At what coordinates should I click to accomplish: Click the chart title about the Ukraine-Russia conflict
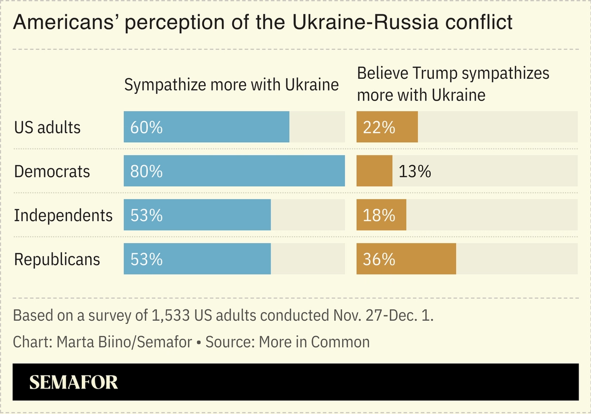tap(262, 22)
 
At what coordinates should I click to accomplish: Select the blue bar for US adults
tap(206, 127)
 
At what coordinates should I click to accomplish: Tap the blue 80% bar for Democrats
tap(234, 171)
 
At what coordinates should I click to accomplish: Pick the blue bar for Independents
tap(197, 215)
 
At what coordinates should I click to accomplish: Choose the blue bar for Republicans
tap(197, 259)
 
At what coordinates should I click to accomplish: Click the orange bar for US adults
tap(387, 127)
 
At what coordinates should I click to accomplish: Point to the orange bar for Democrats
tap(374, 171)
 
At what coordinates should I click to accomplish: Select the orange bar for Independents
tap(381, 215)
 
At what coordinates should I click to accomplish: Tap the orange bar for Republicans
tap(406, 259)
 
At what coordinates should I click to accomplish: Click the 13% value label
tap(415, 172)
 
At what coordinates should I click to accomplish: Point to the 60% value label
tap(146, 127)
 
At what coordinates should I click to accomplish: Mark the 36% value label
tap(379, 260)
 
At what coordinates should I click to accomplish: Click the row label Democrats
tap(52, 172)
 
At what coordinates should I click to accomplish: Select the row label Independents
tap(63, 216)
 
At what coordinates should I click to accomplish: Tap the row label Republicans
tap(57, 260)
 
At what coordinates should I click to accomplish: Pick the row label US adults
tap(47, 127)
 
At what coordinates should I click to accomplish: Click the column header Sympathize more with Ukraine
tap(231, 85)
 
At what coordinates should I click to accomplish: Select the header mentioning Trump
tap(453, 84)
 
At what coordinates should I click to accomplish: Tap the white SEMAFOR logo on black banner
tap(74, 382)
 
